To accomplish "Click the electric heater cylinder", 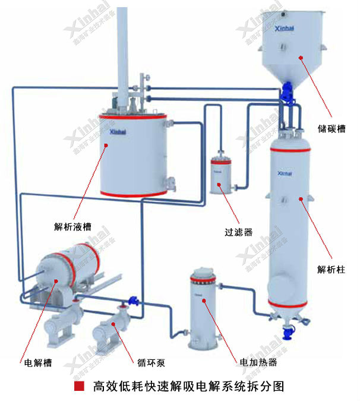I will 203,312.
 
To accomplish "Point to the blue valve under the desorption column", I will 289,331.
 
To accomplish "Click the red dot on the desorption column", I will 300,200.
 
